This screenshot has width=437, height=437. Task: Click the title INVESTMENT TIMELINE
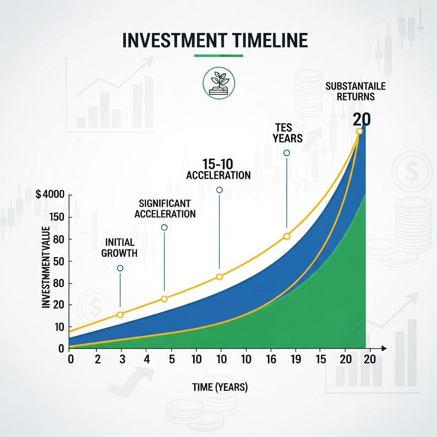(x=215, y=40)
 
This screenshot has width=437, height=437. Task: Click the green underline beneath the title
(x=218, y=55)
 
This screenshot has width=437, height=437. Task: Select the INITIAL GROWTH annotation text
(x=119, y=248)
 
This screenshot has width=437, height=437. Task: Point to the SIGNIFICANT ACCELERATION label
(x=165, y=208)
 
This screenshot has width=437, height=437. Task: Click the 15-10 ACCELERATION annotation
(x=218, y=169)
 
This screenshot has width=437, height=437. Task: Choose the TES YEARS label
(x=287, y=132)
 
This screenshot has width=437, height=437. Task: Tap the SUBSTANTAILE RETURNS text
(x=355, y=91)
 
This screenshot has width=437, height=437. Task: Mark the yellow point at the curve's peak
(x=359, y=131)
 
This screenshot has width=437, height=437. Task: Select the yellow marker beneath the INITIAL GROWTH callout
(x=120, y=315)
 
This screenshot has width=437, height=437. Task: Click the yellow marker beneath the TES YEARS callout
(x=287, y=236)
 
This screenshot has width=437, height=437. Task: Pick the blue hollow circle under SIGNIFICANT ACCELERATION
(x=164, y=227)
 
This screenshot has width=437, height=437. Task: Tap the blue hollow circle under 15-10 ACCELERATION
(x=219, y=190)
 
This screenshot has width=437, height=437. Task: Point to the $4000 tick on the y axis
(x=50, y=195)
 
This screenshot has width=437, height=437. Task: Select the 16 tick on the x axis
(x=271, y=359)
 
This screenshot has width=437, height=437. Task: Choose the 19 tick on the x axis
(x=295, y=359)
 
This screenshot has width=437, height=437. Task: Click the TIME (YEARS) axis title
(x=220, y=387)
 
